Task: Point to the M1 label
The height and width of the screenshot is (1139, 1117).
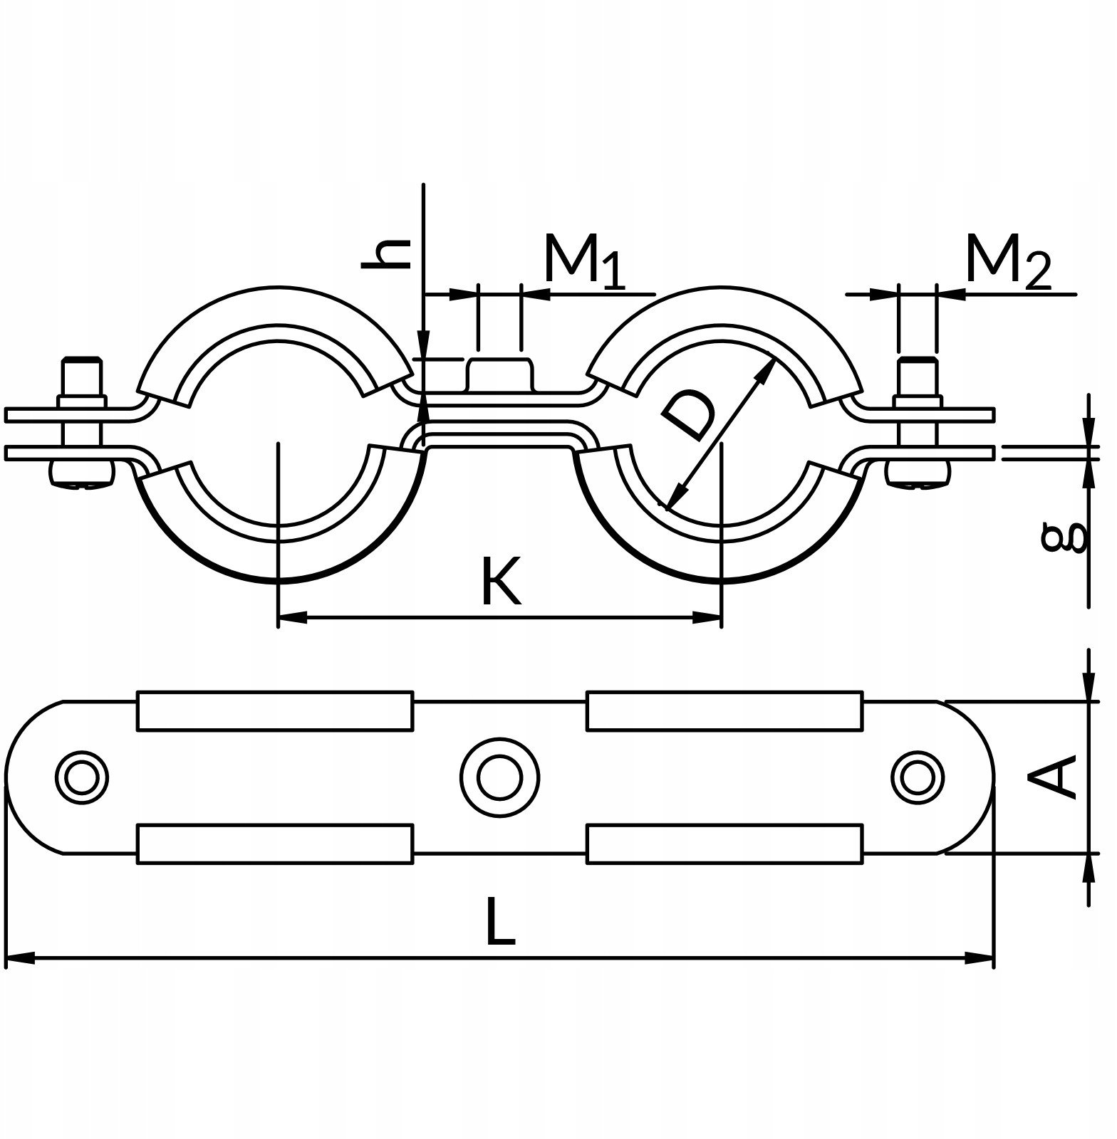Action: coord(584,261)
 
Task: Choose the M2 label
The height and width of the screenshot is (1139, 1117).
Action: coord(1007,261)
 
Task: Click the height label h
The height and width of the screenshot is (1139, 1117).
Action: coord(386,254)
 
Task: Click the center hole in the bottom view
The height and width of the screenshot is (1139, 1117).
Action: coord(499,777)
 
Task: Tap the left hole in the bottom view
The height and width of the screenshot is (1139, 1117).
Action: coord(82,777)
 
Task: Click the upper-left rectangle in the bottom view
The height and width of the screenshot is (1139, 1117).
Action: coord(275,710)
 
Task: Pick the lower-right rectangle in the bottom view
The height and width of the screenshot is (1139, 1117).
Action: coord(725,844)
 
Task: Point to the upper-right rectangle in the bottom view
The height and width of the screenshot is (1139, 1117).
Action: coord(725,710)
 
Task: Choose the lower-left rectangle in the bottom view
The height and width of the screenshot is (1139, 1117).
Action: coord(275,844)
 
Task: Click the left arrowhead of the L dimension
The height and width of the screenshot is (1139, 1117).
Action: coord(20,960)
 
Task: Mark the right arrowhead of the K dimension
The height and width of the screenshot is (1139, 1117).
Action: coord(707,618)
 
